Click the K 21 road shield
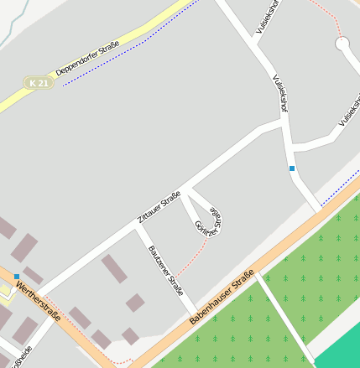(38, 83)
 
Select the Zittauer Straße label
(159, 207)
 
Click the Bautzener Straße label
(165, 271)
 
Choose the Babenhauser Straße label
(222, 298)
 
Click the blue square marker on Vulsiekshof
(292, 168)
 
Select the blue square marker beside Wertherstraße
(17, 276)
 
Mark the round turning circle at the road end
(342, 42)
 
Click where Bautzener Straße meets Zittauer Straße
(138, 227)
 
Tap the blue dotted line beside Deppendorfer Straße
(126, 50)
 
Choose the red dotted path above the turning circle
(328, 13)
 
